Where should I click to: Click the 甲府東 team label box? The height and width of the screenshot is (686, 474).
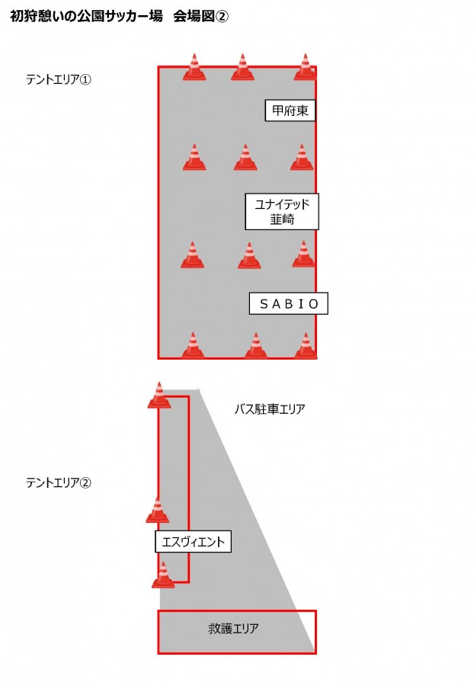[x=290, y=111]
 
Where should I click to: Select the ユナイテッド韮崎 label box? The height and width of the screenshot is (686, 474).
[x=282, y=211]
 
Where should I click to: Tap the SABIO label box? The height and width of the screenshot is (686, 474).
[x=289, y=303]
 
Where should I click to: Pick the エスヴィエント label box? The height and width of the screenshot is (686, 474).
[x=193, y=542]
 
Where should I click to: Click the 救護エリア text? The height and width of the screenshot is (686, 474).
[x=233, y=628]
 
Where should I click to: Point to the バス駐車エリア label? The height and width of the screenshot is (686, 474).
[x=270, y=409]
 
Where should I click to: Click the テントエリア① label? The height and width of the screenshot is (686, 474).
[x=59, y=79]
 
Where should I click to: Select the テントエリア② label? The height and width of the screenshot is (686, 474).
[x=59, y=482]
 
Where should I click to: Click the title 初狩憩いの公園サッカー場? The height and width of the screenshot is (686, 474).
[x=87, y=16]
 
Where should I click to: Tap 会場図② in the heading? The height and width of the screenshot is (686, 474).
[x=200, y=16]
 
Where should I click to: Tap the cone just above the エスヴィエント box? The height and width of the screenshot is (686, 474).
[x=158, y=510]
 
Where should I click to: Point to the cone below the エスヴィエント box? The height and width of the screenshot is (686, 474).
[x=163, y=575]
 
